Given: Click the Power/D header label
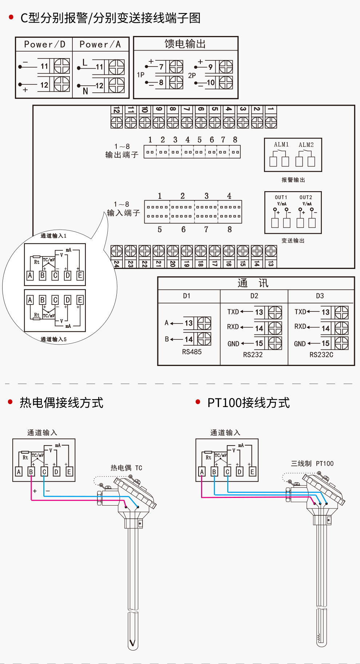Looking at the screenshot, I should [44, 44].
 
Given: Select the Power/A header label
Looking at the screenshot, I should [100, 44].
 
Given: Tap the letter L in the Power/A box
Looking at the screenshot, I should [85, 63].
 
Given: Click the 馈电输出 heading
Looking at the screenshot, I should [185, 44].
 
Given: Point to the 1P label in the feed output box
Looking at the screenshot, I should [141, 75].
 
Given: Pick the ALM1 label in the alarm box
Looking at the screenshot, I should [281, 145].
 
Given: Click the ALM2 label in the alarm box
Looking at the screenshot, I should [306, 145].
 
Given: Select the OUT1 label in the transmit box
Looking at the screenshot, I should [281, 197].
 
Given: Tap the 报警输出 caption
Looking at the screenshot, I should [293, 180].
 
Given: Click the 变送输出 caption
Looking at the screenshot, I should [293, 241].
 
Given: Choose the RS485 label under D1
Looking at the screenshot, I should [192, 352].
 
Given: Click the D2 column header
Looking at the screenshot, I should [254, 296].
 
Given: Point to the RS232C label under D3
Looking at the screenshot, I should [321, 355].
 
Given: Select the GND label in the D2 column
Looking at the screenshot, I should [233, 344].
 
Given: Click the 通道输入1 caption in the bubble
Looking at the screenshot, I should [53, 236].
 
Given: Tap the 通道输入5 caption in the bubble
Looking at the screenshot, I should [53, 339].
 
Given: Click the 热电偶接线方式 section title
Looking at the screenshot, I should [61, 403].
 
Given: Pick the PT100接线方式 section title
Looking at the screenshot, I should [248, 403].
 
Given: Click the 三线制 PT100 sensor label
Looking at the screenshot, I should [312, 463].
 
